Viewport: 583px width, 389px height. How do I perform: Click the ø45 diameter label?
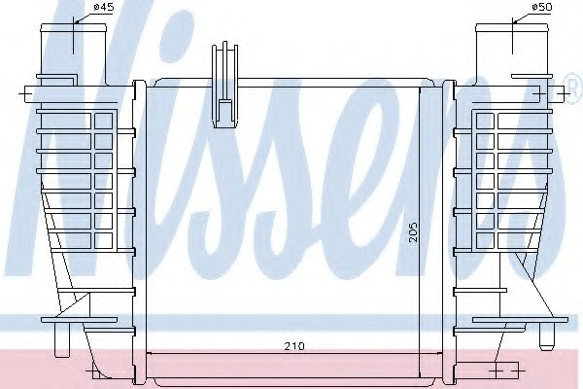pos(103,7)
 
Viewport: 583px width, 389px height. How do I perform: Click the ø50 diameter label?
pos(542,7)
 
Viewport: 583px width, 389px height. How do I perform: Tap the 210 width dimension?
pos(294,346)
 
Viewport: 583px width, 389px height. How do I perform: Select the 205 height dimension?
pos(413,232)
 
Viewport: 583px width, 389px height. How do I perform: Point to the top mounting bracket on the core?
pos(224,86)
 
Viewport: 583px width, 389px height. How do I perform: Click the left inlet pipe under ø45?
pos(74,54)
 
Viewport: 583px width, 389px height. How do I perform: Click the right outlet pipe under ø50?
pos(513,54)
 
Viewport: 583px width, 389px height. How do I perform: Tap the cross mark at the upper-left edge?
pos(25,94)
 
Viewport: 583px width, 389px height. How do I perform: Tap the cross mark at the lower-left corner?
pos(92,371)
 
